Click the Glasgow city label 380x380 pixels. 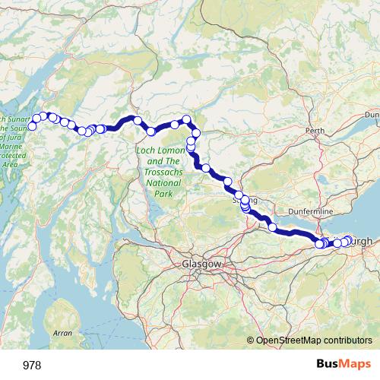click(201, 264)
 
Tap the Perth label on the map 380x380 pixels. click(314, 131)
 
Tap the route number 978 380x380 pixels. click(32, 366)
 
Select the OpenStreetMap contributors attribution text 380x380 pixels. click(314, 341)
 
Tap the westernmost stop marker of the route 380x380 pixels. click(31, 125)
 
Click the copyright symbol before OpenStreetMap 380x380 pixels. click(251, 341)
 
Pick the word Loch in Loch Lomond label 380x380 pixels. click(146, 151)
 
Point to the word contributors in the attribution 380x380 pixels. click(347, 341)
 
